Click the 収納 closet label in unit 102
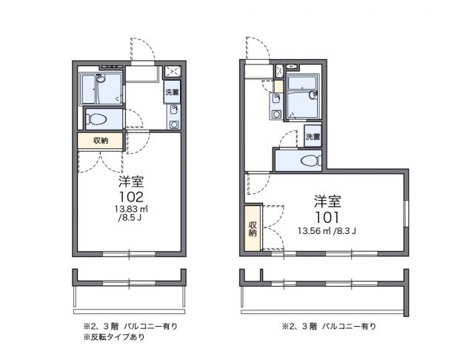101,141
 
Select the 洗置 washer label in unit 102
172,93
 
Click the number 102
129,197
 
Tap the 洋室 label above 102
130,181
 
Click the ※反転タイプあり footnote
114,338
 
